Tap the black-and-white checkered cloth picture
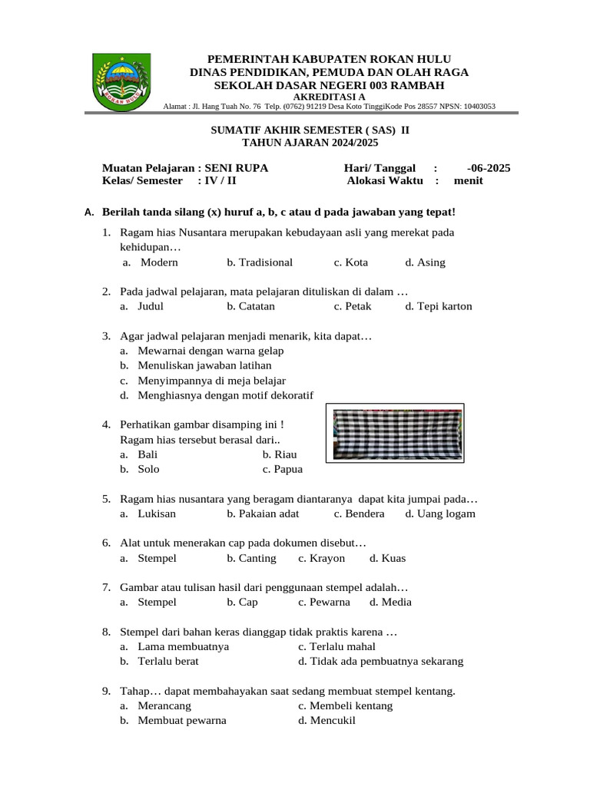(x=396, y=434)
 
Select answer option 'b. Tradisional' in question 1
(x=260, y=263)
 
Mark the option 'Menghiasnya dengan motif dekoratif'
(x=226, y=395)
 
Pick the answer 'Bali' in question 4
(x=147, y=454)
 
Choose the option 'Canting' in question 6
(x=257, y=558)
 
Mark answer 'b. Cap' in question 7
(x=242, y=602)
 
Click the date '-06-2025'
(x=488, y=168)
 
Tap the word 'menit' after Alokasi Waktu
(x=468, y=180)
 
